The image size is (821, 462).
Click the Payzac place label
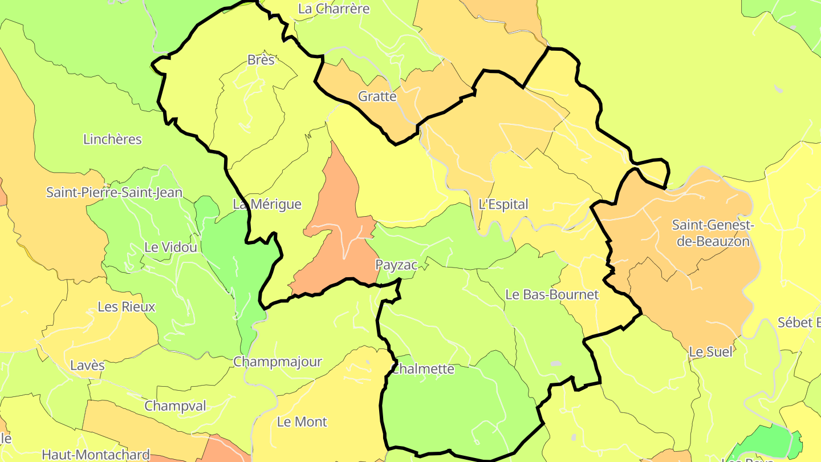396,265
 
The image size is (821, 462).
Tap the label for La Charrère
334,9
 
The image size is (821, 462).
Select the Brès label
261,60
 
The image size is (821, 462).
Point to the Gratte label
377,96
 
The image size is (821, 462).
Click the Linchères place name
112,139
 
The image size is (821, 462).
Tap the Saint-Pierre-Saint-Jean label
114,192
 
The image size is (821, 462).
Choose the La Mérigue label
267,204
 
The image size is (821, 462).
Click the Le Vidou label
171,247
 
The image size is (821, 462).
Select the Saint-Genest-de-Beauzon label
713,233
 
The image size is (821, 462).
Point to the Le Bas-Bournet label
552,295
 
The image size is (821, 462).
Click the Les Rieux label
126,307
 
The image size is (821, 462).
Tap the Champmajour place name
278,362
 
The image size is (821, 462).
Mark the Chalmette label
423,369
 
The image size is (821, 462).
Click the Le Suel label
710,352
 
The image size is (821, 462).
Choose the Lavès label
87,365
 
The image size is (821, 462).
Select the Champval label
175,406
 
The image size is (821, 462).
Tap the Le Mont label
302,422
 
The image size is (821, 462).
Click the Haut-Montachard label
96,455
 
